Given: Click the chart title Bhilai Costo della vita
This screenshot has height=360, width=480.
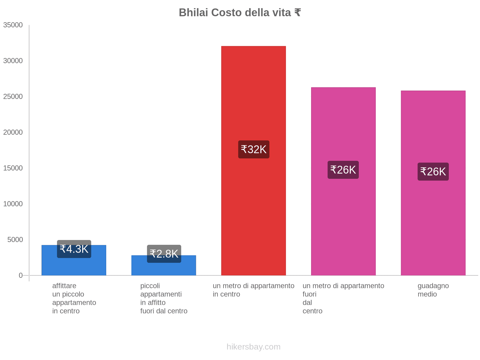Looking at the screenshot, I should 239,13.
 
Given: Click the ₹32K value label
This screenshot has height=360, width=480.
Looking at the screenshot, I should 253,149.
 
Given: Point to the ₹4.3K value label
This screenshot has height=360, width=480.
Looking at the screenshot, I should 74,249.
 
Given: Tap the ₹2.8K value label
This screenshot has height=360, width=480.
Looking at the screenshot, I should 164,254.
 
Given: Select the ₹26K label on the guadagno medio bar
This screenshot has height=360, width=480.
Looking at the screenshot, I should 433,172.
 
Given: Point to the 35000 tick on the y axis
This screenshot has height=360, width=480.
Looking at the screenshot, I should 13,25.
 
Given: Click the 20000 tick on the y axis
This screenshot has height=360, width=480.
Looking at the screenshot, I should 13,132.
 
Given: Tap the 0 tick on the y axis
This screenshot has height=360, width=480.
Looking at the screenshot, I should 21,275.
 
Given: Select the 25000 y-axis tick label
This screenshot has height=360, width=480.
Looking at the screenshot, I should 13,97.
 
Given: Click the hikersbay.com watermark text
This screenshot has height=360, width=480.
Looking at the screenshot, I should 253,347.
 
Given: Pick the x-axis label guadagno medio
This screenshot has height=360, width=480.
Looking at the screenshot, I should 433,290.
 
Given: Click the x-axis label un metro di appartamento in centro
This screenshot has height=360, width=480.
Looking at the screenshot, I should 253,290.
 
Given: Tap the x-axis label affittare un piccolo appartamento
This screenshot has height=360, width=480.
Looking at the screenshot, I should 74,298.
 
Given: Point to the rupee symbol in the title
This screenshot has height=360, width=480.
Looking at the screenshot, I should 297,13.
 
